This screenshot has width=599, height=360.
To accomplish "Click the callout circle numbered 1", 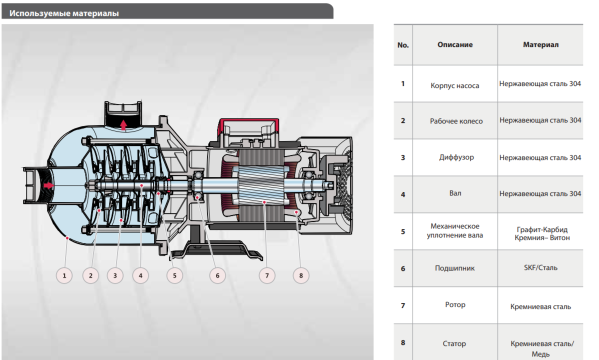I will pos(64,275).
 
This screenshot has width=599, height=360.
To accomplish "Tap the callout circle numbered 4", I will pos(140,275).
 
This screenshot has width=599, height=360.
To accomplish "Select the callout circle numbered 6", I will pos(217,275).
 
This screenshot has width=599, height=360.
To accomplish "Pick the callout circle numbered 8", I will pos(301,275).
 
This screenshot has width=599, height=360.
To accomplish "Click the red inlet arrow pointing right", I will pos(48,185).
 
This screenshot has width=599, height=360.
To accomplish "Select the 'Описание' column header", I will pos(455,44).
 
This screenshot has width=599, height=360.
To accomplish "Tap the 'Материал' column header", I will pos(540,44).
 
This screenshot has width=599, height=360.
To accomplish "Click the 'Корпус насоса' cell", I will pos(455,85).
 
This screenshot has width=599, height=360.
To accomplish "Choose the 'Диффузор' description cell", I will pos(455,157).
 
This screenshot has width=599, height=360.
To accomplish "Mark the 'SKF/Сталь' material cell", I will pos(540,268).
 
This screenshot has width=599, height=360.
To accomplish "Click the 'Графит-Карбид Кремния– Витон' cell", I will pos(540,233).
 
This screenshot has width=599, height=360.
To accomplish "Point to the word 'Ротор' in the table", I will pos(455,304).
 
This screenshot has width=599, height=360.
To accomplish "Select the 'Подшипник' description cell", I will pos(455,268).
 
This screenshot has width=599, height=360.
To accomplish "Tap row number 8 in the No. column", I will pos(403,343).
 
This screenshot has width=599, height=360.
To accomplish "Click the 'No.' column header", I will pos(403,45).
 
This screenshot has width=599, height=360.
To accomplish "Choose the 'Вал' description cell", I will pos(455,193).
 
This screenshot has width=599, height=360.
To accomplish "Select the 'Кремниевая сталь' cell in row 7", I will pos(540,306).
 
